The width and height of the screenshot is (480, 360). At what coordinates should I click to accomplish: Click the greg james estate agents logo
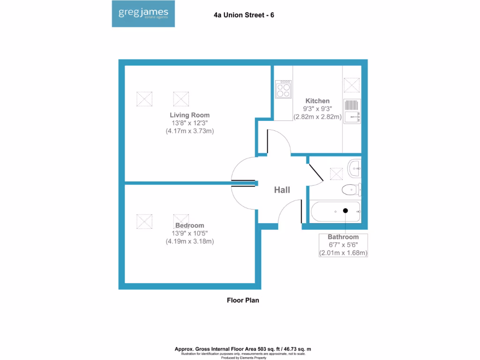pos(143,15)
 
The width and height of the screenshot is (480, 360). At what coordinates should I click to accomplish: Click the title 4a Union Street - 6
pos(244,15)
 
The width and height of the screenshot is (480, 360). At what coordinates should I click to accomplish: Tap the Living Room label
pos(190,115)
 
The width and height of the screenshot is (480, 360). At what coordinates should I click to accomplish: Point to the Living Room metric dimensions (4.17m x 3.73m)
pos(190,131)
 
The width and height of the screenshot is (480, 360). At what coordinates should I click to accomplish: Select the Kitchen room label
pos(317,101)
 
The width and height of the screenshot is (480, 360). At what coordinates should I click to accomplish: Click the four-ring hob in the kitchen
pos(283,89)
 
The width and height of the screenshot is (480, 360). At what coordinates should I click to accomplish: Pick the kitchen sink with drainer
pos(352,112)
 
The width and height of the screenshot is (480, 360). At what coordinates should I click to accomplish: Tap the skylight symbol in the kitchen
pos(352,85)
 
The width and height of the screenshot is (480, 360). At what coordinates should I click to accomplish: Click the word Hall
pos(282,190)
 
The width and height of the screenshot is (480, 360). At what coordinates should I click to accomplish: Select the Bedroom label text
pos(190,225)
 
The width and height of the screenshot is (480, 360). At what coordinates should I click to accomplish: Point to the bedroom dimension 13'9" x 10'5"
pos(190,233)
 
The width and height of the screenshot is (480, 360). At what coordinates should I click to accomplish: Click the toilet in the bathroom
pos(351,189)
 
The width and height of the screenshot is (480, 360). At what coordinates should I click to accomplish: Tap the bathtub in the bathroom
pos(335,212)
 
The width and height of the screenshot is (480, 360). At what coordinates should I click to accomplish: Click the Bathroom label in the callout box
pos(343,237)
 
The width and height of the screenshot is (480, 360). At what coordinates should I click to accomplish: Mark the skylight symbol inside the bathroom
pos(337,173)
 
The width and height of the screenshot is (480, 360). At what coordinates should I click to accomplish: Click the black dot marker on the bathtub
pos(345,211)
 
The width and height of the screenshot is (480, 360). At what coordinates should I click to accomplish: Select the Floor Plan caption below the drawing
pos(243,300)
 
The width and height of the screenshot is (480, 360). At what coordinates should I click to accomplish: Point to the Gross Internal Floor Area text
pos(243,349)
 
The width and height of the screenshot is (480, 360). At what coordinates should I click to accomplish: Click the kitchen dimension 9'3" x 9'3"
pos(317,109)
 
